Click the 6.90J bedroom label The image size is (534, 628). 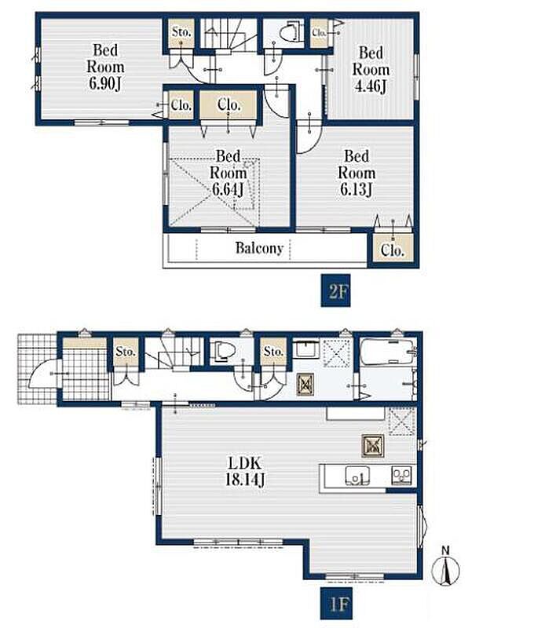[x=105, y=67]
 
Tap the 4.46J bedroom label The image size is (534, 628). [x=371, y=69]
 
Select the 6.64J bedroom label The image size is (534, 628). [x=228, y=173]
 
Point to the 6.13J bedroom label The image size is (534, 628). [x=357, y=173]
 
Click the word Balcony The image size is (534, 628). [x=259, y=248]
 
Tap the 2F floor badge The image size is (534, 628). [x=335, y=290]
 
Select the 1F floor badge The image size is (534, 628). [x=335, y=603]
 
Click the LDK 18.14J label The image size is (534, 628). [x=245, y=471]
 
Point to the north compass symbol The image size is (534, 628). [x=445, y=567]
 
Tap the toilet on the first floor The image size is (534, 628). [x=223, y=351]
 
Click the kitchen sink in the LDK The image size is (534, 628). [x=357, y=476]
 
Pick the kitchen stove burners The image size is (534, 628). [x=401, y=476]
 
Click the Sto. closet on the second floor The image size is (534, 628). [x=181, y=33]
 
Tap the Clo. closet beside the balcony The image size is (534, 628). [x=392, y=249]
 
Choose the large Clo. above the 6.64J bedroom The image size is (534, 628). [x=229, y=104]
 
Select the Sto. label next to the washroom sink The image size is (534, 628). [x=273, y=351]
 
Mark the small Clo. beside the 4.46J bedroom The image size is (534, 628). [x=320, y=32]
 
